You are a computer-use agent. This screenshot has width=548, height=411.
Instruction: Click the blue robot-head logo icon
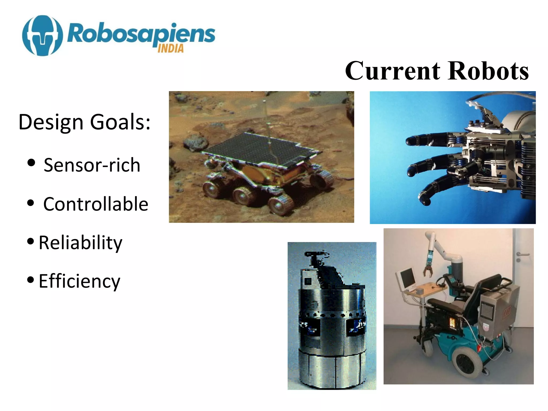click(x=42, y=35)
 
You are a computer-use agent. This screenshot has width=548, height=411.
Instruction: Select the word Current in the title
click(x=392, y=71)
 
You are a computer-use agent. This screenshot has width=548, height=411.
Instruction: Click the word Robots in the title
click(x=488, y=71)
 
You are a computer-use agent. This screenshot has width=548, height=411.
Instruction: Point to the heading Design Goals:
click(x=84, y=122)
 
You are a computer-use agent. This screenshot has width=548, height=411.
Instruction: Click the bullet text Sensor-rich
click(x=92, y=165)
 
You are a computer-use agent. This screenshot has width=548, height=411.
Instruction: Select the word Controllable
click(x=96, y=204)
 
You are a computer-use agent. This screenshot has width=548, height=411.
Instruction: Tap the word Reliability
click(x=80, y=243)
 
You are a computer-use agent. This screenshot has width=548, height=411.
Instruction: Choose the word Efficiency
click(x=79, y=281)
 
